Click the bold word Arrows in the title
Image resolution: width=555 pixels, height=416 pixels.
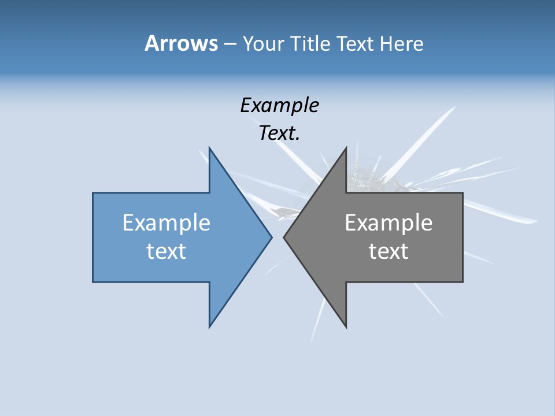pyautogui.click(x=181, y=43)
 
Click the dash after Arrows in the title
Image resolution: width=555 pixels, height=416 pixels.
pyautogui.click(x=230, y=44)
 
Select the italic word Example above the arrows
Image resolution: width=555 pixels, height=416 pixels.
pyautogui.click(x=279, y=105)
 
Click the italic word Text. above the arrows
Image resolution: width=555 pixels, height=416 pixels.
pyautogui.click(x=279, y=133)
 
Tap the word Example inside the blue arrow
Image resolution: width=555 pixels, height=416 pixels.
pyautogui.click(x=166, y=222)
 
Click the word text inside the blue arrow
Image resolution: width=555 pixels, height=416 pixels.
pyautogui.click(x=166, y=251)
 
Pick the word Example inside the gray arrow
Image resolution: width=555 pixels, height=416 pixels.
pyautogui.click(x=388, y=222)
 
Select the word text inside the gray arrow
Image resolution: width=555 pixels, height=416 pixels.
pyautogui.click(x=388, y=251)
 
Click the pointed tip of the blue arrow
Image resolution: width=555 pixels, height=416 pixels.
pyautogui.click(x=271, y=237)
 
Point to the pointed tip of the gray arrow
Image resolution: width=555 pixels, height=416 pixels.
pyautogui.click(x=284, y=237)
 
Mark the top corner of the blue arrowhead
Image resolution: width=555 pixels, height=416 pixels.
pyautogui.click(x=209, y=148)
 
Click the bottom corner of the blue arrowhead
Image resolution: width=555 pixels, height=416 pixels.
pyautogui.click(x=209, y=327)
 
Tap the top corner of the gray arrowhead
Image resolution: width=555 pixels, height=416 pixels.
pyautogui.click(x=346, y=148)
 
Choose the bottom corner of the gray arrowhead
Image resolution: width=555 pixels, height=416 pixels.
pyautogui.click(x=346, y=327)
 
